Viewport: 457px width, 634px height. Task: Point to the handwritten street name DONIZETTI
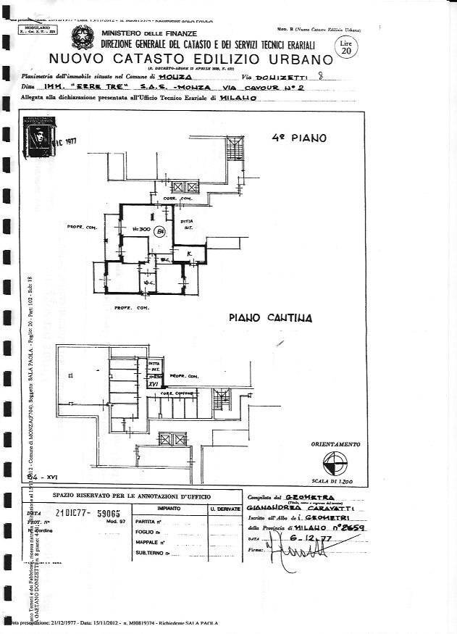coord(285,75)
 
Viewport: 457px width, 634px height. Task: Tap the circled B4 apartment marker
coord(160,231)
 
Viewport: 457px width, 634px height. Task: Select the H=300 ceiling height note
coord(141,230)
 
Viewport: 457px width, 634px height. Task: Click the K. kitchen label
coord(188,255)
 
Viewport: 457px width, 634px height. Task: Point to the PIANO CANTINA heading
coord(270,317)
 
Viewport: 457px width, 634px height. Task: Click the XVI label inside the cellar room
coord(152,384)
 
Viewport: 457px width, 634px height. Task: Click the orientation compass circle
coord(335,462)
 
